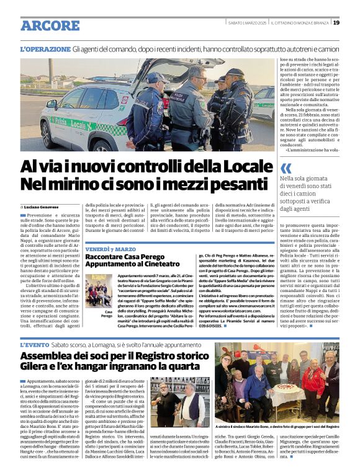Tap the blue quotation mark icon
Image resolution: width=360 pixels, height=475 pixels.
(285, 168)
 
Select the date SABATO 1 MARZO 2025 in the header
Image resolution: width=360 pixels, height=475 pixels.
(248, 22)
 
